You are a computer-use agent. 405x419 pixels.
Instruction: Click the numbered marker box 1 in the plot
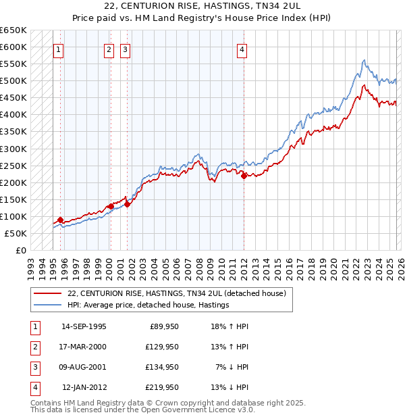click(x=59, y=49)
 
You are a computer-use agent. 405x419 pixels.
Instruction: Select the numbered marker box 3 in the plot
click(x=126, y=49)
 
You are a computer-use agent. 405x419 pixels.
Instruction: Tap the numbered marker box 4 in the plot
click(x=242, y=49)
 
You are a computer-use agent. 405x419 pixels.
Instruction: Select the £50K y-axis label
click(x=16, y=233)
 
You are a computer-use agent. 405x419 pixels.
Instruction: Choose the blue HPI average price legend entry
click(x=148, y=305)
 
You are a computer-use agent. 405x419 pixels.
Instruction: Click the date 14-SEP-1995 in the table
click(x=84, y=327)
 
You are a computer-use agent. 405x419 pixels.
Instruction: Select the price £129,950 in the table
click(x=162, y=347)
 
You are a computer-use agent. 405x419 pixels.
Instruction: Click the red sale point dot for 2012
click(x=244, y=176)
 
